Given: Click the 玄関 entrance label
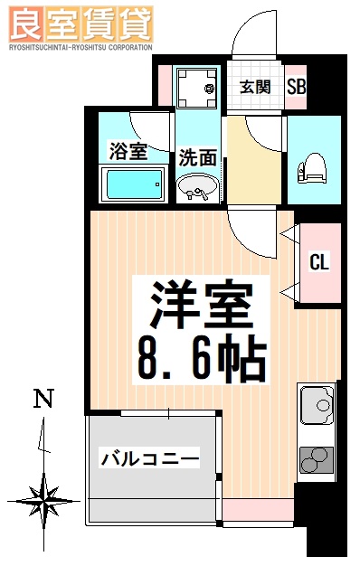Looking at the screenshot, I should (255, 88).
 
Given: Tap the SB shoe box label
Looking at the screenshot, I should (296, 88).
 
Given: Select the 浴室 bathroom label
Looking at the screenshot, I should (128, 151).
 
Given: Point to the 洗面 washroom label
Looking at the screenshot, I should (197, 156).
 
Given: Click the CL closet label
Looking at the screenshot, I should (318, 263).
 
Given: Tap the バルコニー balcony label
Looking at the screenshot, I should (150, 458).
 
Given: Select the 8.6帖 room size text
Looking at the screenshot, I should (202, 357).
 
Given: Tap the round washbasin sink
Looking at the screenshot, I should (197, 188).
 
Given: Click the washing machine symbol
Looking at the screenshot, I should (196, 89).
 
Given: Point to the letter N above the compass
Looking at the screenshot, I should (43, 398).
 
